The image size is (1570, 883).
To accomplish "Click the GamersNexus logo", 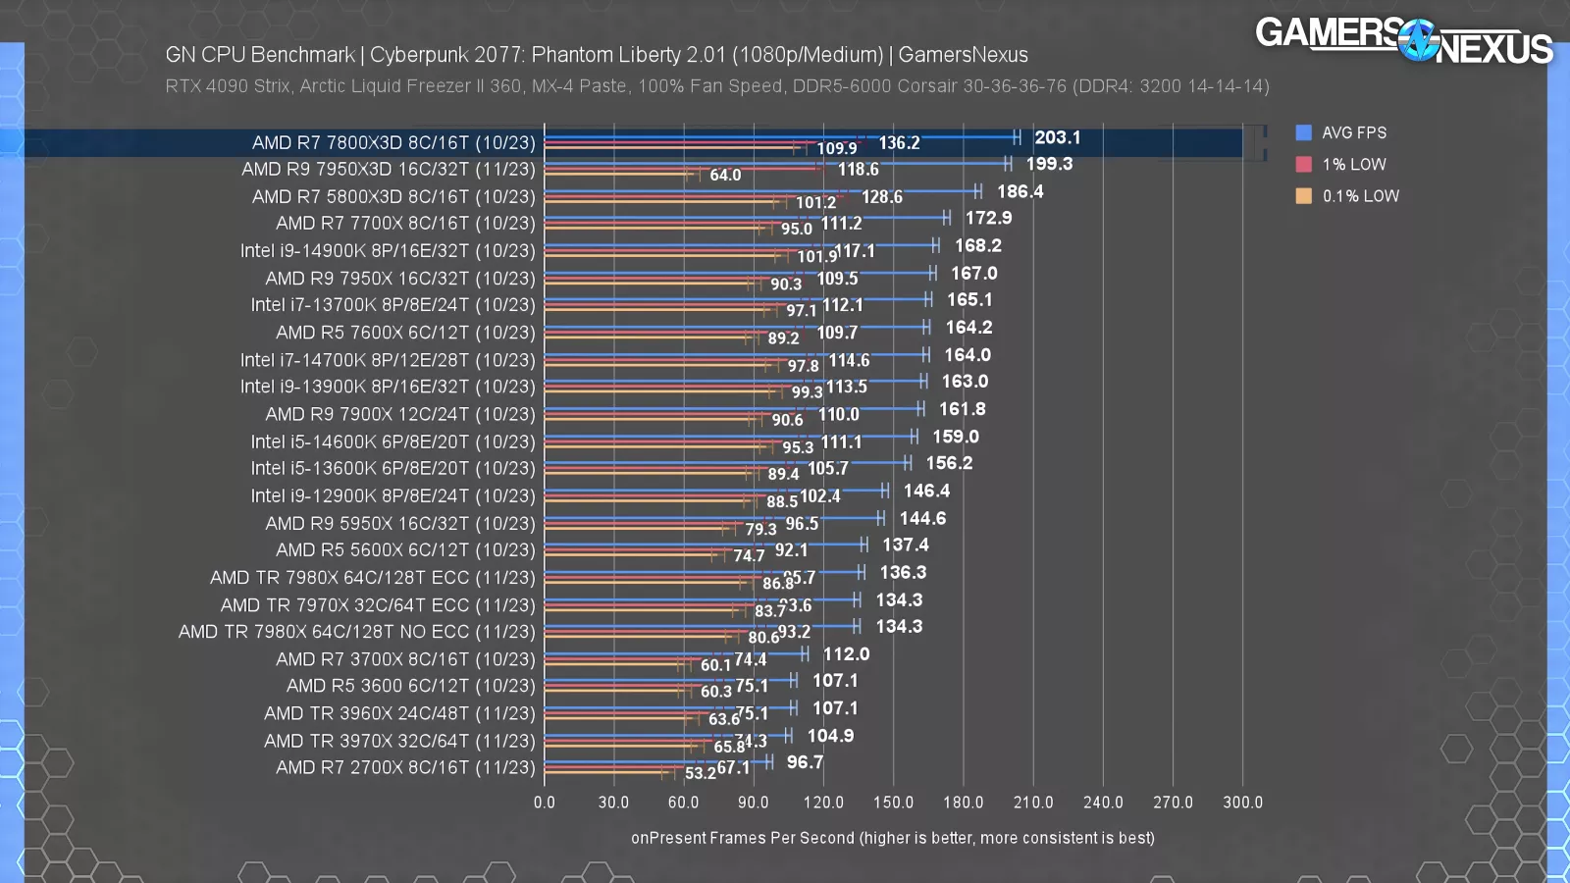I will (1403, 40).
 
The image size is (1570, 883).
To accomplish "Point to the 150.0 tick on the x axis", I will (893, 803).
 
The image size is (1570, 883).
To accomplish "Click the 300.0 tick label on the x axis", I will (1242, 803).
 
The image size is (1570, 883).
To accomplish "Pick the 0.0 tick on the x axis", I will (545, 803).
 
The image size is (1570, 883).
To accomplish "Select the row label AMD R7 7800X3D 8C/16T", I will (393, 142).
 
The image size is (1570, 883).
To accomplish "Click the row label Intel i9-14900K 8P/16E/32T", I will (388, 251).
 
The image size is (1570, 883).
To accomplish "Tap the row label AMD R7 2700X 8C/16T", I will (405, 767).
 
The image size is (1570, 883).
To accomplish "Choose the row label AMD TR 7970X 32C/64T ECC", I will (378, 604).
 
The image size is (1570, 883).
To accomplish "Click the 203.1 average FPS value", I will (1057, 137).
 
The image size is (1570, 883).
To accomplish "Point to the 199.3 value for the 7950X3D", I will (1049, 164).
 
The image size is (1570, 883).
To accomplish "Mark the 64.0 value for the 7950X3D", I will (725, 175).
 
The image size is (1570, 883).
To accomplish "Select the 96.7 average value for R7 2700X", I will (805, 761).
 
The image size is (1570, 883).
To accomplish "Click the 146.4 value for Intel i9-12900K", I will (926, 491).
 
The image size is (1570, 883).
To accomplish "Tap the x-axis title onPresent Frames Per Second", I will (892, 838).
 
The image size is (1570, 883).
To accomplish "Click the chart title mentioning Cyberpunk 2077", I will (597, 55).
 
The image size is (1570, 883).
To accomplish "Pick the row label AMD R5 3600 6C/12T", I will (410, 686).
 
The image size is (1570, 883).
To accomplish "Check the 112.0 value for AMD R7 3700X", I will (846, 653).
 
